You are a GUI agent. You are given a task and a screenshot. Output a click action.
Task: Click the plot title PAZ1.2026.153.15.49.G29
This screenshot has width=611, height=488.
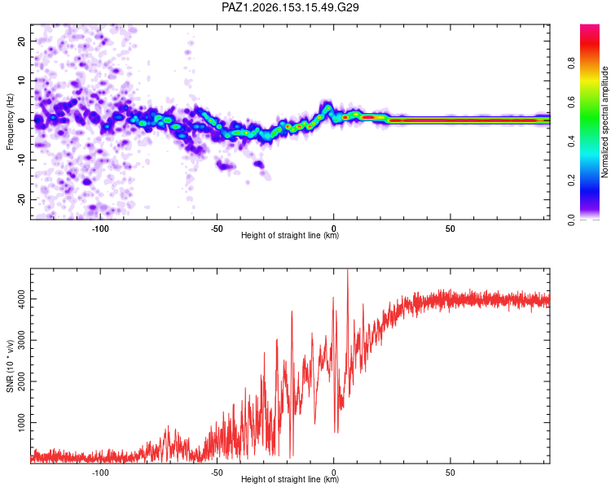tap(290, 7)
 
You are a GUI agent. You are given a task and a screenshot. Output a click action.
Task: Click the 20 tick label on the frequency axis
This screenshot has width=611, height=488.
tap(21, 41)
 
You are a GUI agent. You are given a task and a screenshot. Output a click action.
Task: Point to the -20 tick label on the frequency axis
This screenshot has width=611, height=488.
tap(21, 199)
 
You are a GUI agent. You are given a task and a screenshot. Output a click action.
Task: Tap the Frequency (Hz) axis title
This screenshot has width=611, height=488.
tap(10, 122)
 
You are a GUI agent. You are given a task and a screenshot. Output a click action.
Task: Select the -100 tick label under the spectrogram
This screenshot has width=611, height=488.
tap(100, 229)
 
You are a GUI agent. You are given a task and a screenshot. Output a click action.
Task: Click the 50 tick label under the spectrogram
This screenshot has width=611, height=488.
tap(450, 229)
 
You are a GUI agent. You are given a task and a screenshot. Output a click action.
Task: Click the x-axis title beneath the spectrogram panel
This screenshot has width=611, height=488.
tap(290, 235)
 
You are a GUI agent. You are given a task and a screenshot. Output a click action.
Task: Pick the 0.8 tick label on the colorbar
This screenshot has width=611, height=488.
tap(571, 63)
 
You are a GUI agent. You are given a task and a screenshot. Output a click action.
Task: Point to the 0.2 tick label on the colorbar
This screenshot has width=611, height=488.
tap(571, 181)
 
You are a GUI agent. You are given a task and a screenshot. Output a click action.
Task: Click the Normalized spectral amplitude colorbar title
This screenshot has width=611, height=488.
tap(604, 122)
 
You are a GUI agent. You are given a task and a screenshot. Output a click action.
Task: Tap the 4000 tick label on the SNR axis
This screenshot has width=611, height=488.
tap(21, 298)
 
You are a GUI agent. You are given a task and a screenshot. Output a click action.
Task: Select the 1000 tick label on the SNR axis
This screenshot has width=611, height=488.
tap(21, 422)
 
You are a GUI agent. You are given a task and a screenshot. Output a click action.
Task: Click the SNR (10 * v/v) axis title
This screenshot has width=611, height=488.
tap(10, 366)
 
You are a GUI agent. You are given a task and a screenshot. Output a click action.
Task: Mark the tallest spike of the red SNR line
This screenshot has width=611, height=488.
tap(348, 270)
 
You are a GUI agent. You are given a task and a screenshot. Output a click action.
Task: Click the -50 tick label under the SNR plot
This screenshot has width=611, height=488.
tap(217, 473)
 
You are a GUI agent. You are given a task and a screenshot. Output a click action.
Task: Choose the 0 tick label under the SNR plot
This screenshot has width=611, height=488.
tap(333, 473)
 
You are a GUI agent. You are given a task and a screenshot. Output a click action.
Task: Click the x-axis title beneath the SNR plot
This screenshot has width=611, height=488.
tap(290, 479)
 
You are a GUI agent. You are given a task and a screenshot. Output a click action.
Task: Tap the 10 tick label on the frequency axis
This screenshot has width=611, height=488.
tap(21, 81)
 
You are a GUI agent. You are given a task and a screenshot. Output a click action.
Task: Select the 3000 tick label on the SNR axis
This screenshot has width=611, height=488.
tap(21, 340)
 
